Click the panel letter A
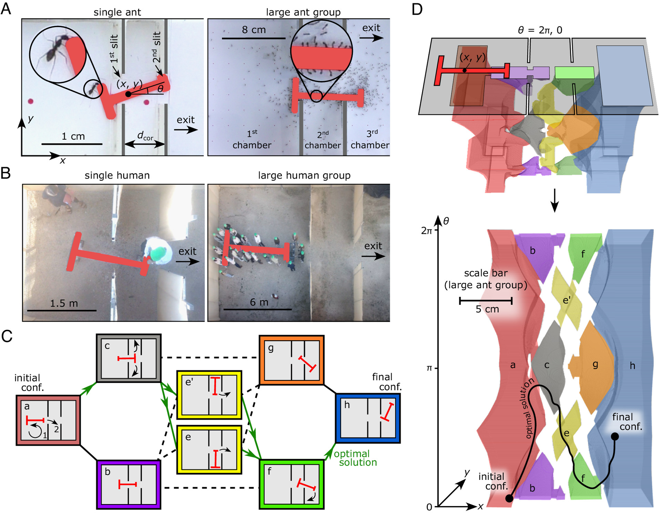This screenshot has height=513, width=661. pos(6,8)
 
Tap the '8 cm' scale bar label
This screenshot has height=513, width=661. pos(254,30)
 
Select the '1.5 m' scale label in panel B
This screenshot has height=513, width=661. pos(64,303)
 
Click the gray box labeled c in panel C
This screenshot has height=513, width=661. pos(129,358)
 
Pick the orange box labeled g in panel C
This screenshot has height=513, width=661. pos(292,360)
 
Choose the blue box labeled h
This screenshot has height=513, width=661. pos(368,418)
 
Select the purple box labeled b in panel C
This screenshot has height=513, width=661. pos(129,484)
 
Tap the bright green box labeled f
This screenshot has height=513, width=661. pos(292,484)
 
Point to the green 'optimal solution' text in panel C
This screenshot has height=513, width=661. pos(355,458)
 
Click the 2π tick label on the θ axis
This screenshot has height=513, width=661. pos(427,231)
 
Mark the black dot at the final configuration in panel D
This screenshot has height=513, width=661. pos(615,436)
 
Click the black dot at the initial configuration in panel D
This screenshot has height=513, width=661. pos(509,498)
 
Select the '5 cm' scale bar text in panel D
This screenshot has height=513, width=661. pos(487,309)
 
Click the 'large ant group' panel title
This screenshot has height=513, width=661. pos(303,12)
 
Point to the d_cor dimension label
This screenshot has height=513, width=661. pos(145,136)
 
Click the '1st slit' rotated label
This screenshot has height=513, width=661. pos(114,48)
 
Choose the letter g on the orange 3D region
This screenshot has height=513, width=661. pos(595,364)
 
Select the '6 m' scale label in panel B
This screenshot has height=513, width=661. pos(259,302)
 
